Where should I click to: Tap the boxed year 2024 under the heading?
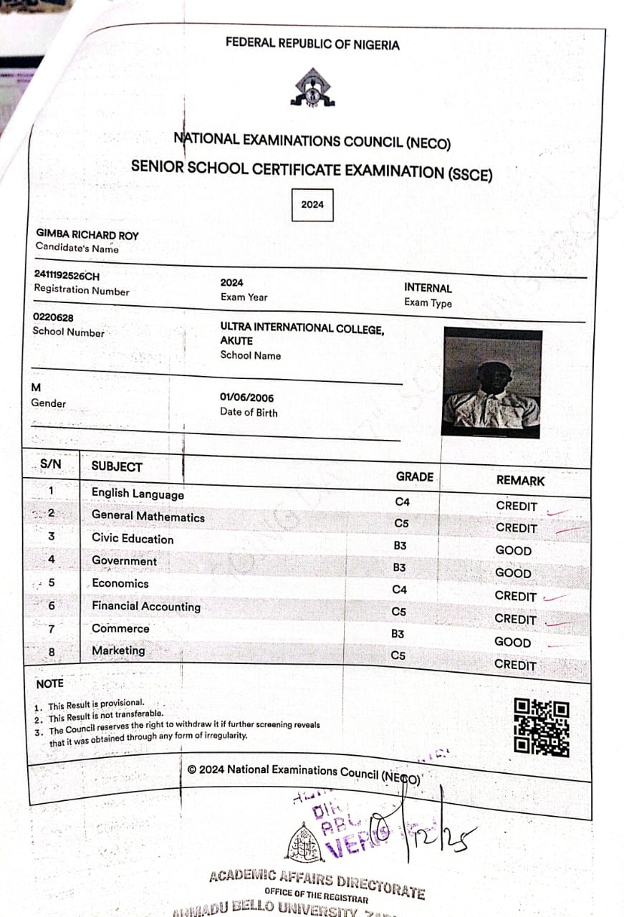point(312,204)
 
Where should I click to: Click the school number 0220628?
point(53,317)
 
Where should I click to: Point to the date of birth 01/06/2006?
point(246,398)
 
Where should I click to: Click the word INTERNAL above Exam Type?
point(428,288)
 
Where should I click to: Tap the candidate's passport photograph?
point(491,383)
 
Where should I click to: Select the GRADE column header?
point(414,476)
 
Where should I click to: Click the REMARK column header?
point(520,481)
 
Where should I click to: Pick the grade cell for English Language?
point(402,501)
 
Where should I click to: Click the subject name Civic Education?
point(133,539)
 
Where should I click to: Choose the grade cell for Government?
point(400,567)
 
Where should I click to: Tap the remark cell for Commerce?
point(513,642)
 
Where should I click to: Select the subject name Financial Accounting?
point(146,606)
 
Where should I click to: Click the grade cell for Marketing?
point(399,655)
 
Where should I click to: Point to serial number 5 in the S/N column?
point(52,582)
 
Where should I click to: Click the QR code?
point(542,726)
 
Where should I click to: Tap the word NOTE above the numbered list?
point(49,683)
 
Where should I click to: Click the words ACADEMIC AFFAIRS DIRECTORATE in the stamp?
point(317,880)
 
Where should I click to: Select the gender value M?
point(37,388)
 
